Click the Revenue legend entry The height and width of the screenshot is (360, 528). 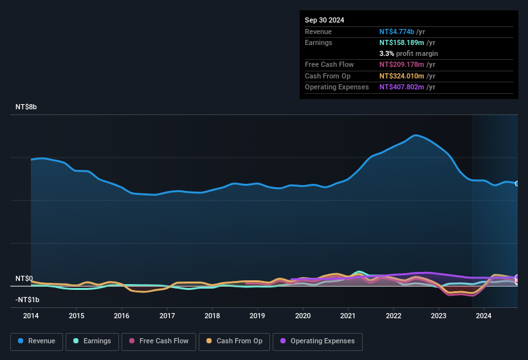37,341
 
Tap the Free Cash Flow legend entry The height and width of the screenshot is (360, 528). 159,341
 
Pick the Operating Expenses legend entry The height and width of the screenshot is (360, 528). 318,341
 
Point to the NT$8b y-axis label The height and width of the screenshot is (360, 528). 26,107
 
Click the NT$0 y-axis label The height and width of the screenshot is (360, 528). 24,278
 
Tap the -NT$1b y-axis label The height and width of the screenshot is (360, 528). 28,300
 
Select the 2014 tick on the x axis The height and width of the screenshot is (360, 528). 31,316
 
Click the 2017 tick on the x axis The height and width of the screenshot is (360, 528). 167,316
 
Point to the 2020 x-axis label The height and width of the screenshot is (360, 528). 303,316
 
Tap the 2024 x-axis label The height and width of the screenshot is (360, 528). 484,316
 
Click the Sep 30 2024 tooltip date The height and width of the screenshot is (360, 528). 324,20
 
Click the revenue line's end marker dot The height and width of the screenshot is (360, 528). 517,184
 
